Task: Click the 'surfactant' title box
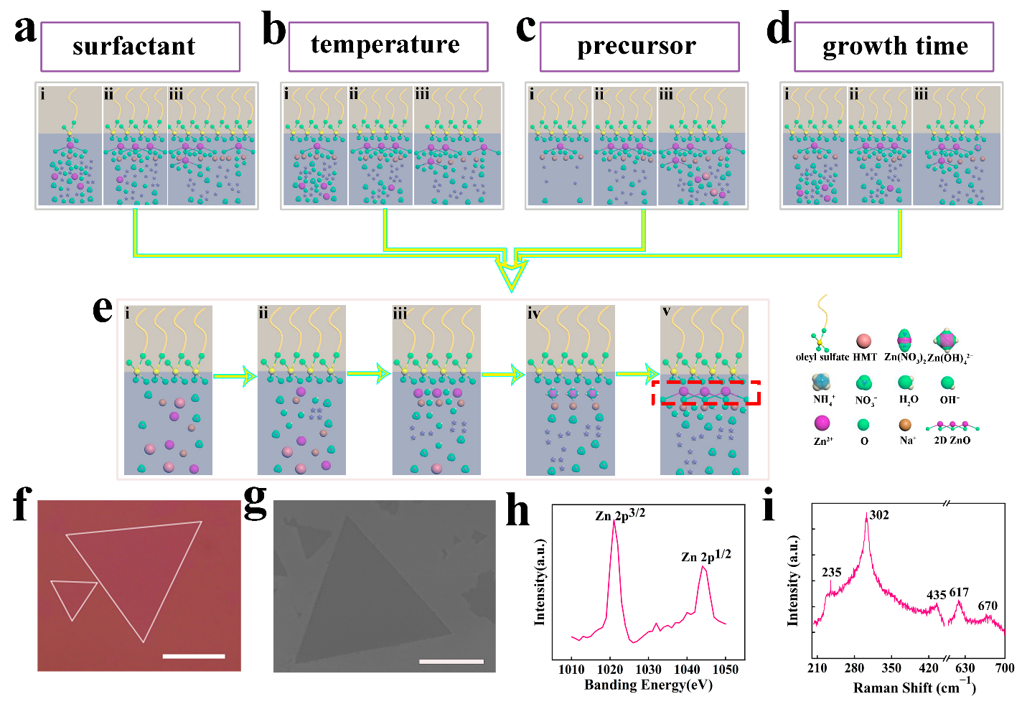[x=140, y=47]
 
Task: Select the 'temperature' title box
[x=388, y=46]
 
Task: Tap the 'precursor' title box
[x=639, y=47]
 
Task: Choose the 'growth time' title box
[x=894, y=47]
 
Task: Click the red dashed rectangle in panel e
[x=705, y=393]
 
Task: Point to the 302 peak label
[x=879, y=515]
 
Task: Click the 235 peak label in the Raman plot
[x=831, y=572]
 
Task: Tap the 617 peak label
[x=959, y=592]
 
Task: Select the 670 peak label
[x=988, y=606]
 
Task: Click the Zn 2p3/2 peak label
[x=620, y=515]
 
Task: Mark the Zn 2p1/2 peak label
[x=706, y=555]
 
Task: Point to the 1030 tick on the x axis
[x=648, y=670]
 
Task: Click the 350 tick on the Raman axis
[x=891, y=668]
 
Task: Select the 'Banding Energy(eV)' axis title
[x=648, y=685]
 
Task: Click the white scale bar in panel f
[x=194, y=656]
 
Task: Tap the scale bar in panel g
[x=451, y=661]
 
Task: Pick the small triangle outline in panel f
[x=73, y=598]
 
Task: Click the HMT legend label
[x=865, y=357]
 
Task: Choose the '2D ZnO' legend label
[x=952, y=440]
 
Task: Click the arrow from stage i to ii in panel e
[x=235, y=375]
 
